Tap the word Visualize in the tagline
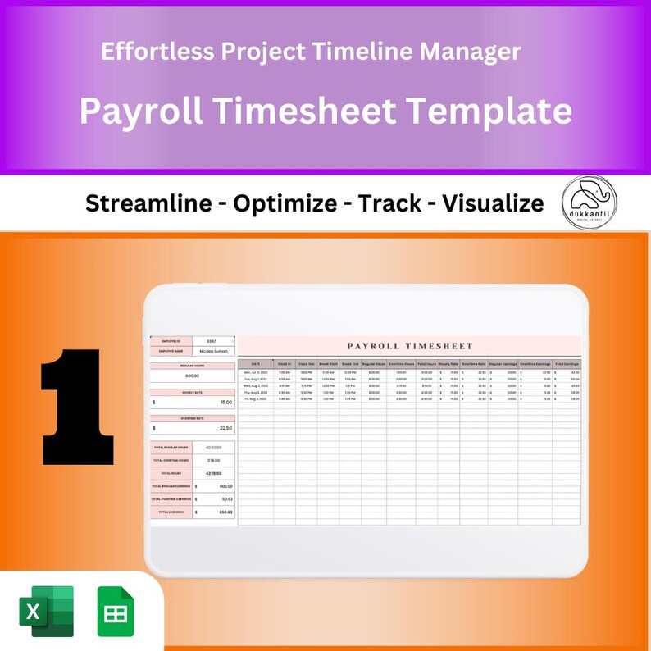[493, 203]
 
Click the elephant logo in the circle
[590, 202]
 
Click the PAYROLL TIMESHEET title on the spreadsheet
[410, 346]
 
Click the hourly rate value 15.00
[225, 403]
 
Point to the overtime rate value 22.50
[225, 428]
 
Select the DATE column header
[256, 363]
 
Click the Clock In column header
[285, 363]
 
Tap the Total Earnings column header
[567, 363]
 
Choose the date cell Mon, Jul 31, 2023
[256, 372]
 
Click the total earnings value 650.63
[225, 512]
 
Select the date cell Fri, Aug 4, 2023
[256, 399]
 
